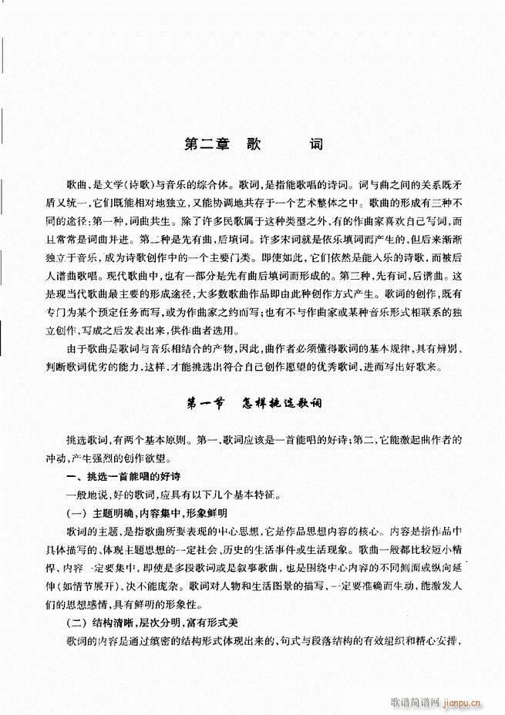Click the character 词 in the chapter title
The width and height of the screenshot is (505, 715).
[x=316, y=143]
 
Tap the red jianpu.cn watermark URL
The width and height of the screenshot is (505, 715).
[x=462, y=703]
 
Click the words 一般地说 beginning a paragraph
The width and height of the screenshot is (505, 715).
[x=85, y=495]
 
